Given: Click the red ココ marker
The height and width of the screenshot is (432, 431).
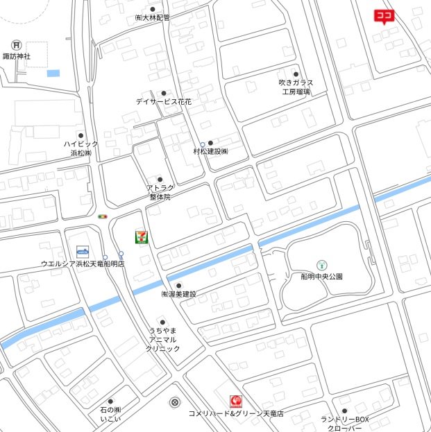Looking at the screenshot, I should click(384, 15).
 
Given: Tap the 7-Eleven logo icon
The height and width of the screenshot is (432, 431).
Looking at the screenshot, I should click(142, 236).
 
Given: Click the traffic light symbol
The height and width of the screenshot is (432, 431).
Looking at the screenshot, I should click(103, 217).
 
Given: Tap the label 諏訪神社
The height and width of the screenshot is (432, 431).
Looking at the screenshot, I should click(17, 56).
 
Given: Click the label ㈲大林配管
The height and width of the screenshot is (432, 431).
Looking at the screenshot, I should click(152, 18).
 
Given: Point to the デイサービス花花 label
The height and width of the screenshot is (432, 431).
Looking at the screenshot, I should click(164, 101).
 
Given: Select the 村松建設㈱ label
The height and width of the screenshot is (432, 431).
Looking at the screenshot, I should click(210, 151).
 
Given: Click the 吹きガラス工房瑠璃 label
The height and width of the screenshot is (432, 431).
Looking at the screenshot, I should click(296, 87).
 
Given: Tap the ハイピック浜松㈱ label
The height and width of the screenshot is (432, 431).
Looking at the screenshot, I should click(81, 148).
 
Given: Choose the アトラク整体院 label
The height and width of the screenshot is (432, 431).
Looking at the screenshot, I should click(160, 192).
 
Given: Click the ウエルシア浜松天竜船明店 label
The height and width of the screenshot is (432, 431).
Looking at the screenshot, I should click(82, 264).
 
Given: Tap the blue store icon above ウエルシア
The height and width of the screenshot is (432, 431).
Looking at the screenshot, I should click(83, 250).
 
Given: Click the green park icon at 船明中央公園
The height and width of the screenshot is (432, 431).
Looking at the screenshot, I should click(321, 264).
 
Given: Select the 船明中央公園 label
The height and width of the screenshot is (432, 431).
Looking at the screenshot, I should click(321, 276).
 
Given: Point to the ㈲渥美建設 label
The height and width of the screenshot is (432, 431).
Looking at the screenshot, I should click(178, 294).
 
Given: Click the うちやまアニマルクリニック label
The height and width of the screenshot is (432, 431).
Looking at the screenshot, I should click(162, 340).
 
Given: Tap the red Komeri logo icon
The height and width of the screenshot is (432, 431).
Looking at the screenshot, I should click(236, 401).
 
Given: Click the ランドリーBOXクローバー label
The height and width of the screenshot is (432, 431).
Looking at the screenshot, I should click(344, 424).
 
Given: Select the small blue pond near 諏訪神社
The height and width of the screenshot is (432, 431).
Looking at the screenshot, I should click(53, 73).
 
